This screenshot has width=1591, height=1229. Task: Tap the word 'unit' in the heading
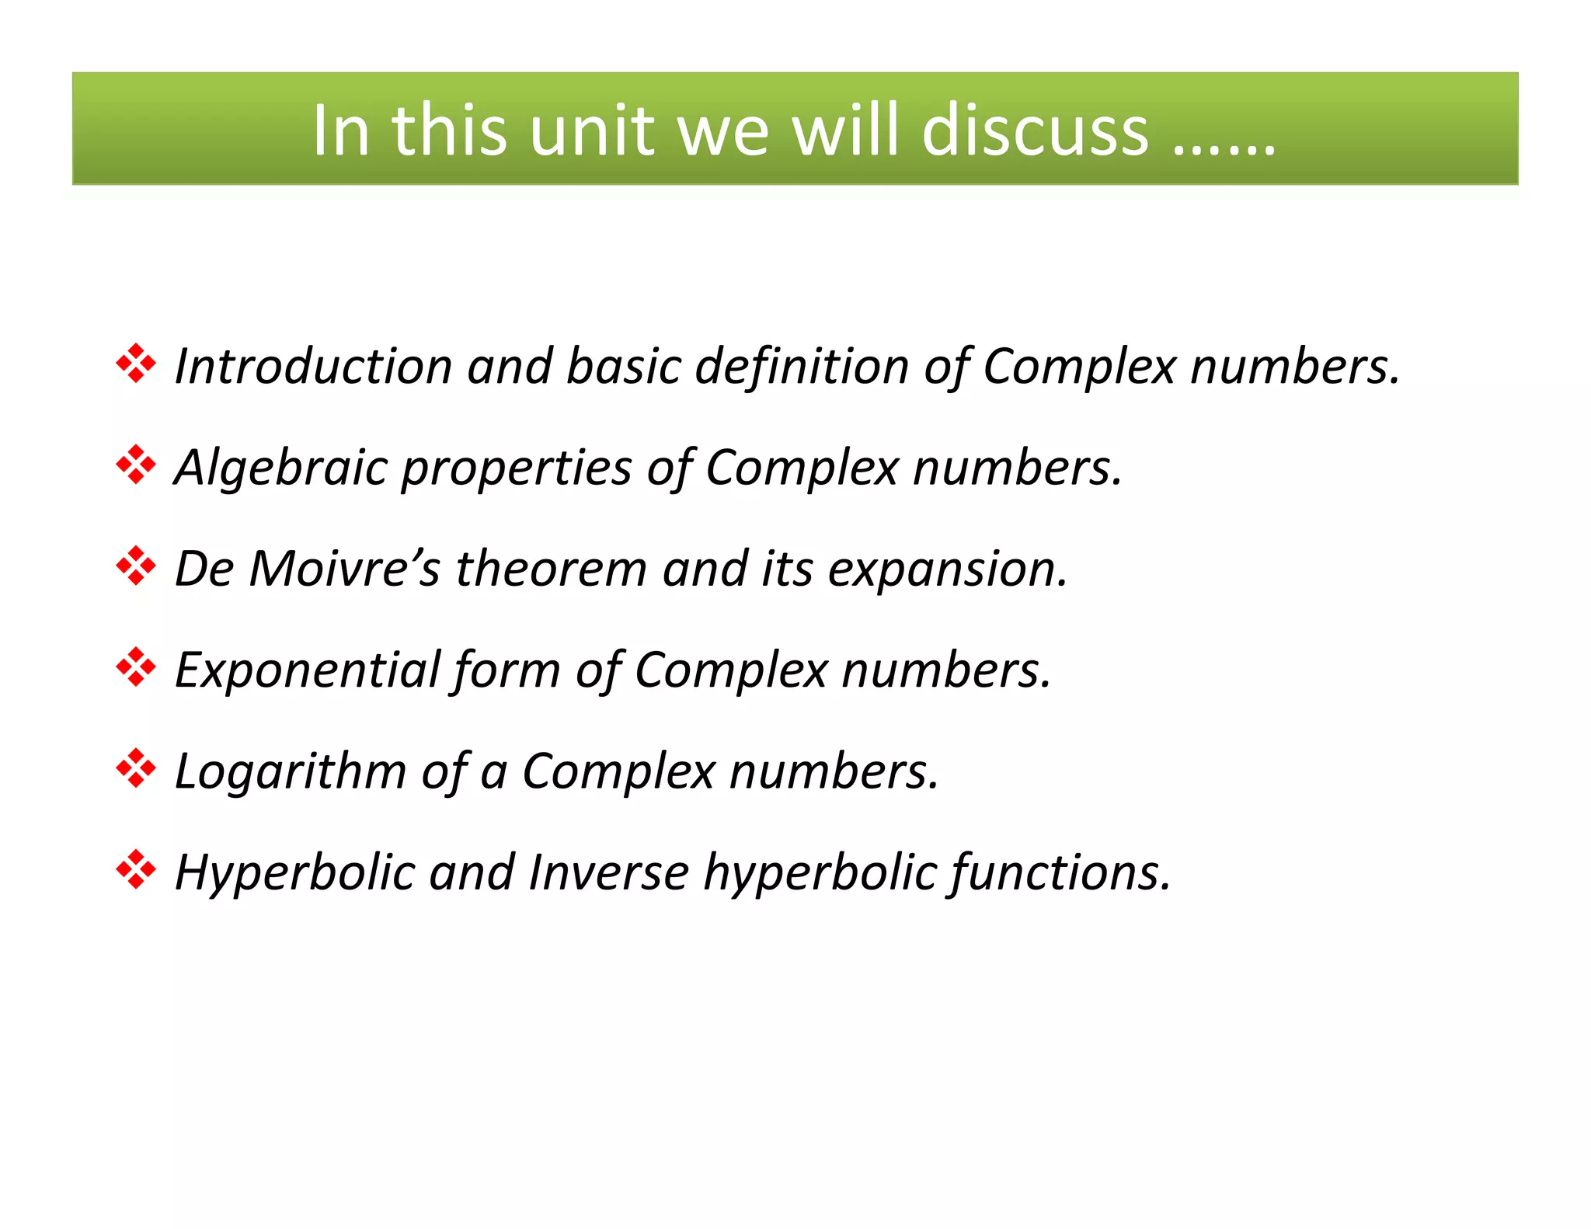[591, 131]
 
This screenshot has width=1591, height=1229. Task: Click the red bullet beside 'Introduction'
[136, 364]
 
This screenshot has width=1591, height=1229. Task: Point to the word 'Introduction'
[313, 366]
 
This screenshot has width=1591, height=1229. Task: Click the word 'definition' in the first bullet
[802, 366]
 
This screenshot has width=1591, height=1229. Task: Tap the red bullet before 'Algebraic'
[136, 465]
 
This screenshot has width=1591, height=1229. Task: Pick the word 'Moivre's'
[344, 569]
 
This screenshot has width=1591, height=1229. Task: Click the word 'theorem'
[551, 569]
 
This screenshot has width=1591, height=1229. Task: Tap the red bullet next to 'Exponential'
[136, 667]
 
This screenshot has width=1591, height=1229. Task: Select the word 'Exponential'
[307, 670]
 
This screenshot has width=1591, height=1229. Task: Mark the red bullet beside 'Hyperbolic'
[136, 869]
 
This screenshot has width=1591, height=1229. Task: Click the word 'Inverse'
[608, 872]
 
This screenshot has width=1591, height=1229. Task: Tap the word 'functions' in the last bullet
[1060, 872]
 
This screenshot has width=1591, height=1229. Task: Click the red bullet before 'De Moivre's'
[136, 566]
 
